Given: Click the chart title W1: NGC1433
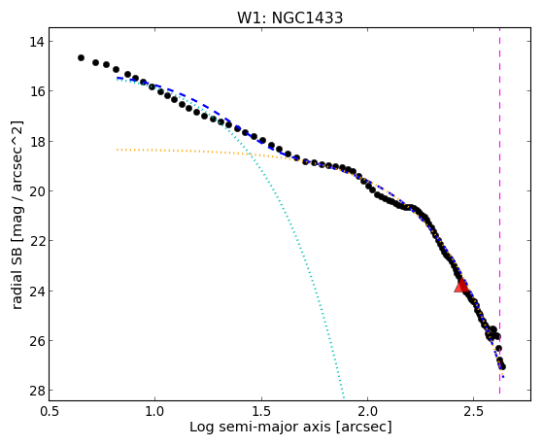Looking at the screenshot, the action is [289, 17].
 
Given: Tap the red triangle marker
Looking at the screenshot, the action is [461, 286].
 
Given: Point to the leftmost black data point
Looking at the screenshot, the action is [81, 58].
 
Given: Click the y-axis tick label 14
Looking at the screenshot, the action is [37, 42].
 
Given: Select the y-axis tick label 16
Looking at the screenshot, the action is [37, 91].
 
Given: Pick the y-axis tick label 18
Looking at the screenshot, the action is [37, 142].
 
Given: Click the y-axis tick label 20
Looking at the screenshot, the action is [37, 191].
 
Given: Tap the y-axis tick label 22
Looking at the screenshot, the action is [37, 241].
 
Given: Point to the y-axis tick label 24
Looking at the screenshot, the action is [37, 291].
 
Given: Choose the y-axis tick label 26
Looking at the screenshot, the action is [37, 341].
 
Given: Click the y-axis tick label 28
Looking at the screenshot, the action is [37, 391].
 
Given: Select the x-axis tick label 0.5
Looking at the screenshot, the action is [49, 411].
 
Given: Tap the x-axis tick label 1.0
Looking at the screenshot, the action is [154, 411].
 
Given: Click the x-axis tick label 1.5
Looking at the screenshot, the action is [261, 411].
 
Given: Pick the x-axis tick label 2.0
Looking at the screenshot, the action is [368, 411].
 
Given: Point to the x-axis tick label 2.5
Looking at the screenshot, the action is [474, 411].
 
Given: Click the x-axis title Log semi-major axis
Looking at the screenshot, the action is [260, 428].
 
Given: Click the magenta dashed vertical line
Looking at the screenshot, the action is [499, 211].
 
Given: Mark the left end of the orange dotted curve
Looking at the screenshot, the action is [117, 150].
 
